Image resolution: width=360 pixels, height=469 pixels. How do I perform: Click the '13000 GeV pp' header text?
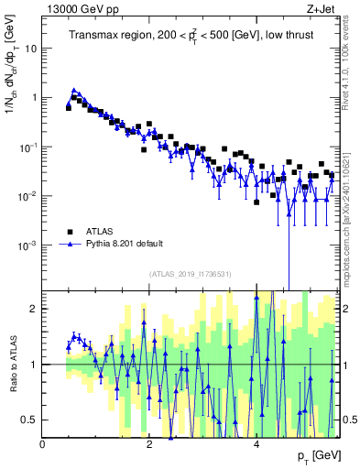click(81, 9)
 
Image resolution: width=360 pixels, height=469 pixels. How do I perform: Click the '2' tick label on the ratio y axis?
click(35, 309)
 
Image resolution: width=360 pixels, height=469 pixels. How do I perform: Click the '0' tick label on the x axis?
click(43, 443)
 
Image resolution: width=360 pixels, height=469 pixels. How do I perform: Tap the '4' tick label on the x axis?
click(256, 443)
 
